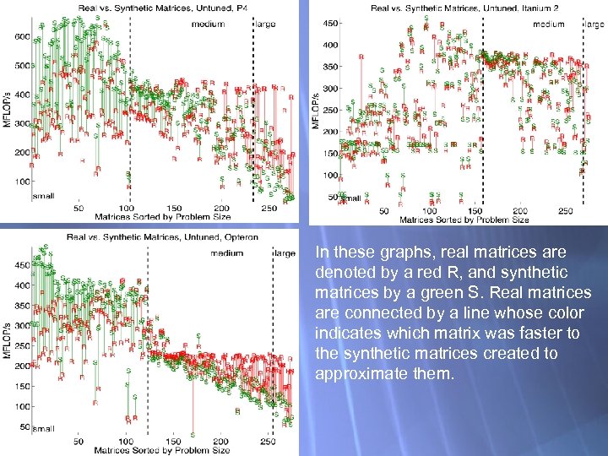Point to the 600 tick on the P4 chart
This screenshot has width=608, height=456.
click(22, 36)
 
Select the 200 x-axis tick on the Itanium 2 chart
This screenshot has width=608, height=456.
click(519, 211)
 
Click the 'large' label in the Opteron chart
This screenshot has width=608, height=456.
click(285, 253)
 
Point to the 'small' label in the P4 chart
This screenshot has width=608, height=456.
click(43, 195)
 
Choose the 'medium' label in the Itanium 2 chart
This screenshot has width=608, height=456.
click(549, 24)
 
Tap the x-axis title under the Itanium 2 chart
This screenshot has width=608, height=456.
click(464, 220)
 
